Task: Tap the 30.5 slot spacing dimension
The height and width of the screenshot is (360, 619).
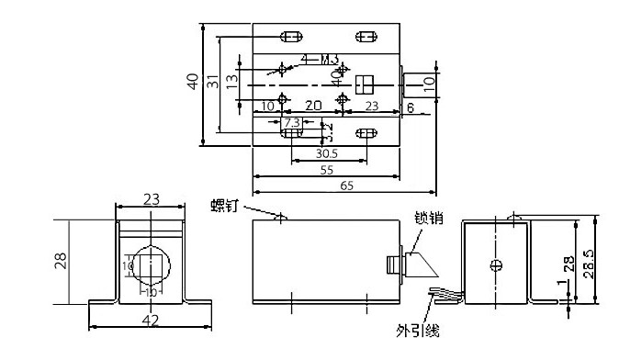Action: point(326,153)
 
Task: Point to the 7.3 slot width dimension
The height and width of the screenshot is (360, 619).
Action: point(291,122)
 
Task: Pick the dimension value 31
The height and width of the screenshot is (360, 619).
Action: point(213,83)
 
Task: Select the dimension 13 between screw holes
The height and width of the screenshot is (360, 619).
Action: point(232,80)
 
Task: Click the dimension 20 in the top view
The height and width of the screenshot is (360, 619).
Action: point(312,107)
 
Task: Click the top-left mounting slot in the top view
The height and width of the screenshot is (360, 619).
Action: point(291,37)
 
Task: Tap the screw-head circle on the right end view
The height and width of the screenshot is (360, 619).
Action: point(496,266)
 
